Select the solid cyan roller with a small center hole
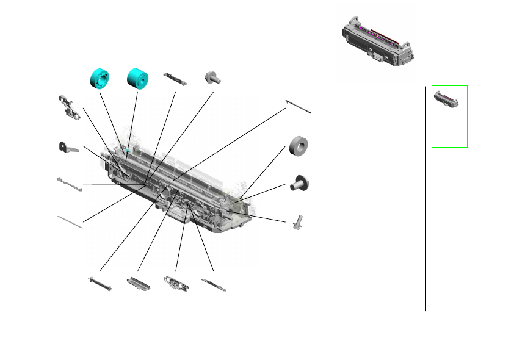138,77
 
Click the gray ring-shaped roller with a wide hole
298,147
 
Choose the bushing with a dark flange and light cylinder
299,182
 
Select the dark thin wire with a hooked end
299,107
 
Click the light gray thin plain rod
70,221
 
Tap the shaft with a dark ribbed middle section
100,284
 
